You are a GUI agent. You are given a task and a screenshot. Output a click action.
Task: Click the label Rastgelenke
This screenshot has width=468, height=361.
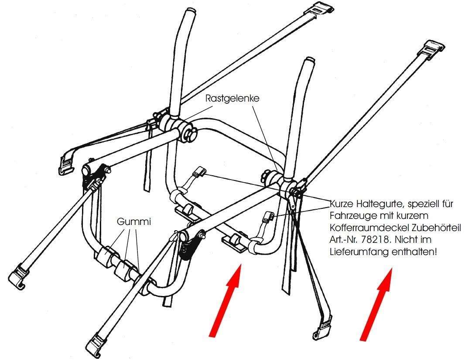(x=232, y=99)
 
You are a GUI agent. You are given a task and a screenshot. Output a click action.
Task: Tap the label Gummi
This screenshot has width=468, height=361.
(x=134, y=221)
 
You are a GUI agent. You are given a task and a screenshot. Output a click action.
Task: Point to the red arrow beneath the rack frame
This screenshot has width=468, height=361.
(x=225, y=301)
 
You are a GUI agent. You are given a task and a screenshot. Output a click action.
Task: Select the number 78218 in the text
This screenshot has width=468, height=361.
(x=374, y=239)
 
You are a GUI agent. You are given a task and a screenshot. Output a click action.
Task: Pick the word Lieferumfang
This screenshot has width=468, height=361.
(x=359, y=252)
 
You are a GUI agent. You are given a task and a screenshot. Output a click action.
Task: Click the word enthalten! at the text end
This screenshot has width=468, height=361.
(x=414, y=252)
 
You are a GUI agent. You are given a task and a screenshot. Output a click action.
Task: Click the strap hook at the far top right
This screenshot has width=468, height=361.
(x=434, y=48)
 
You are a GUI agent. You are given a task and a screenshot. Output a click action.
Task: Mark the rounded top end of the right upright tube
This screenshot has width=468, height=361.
(x=309, y=61)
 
